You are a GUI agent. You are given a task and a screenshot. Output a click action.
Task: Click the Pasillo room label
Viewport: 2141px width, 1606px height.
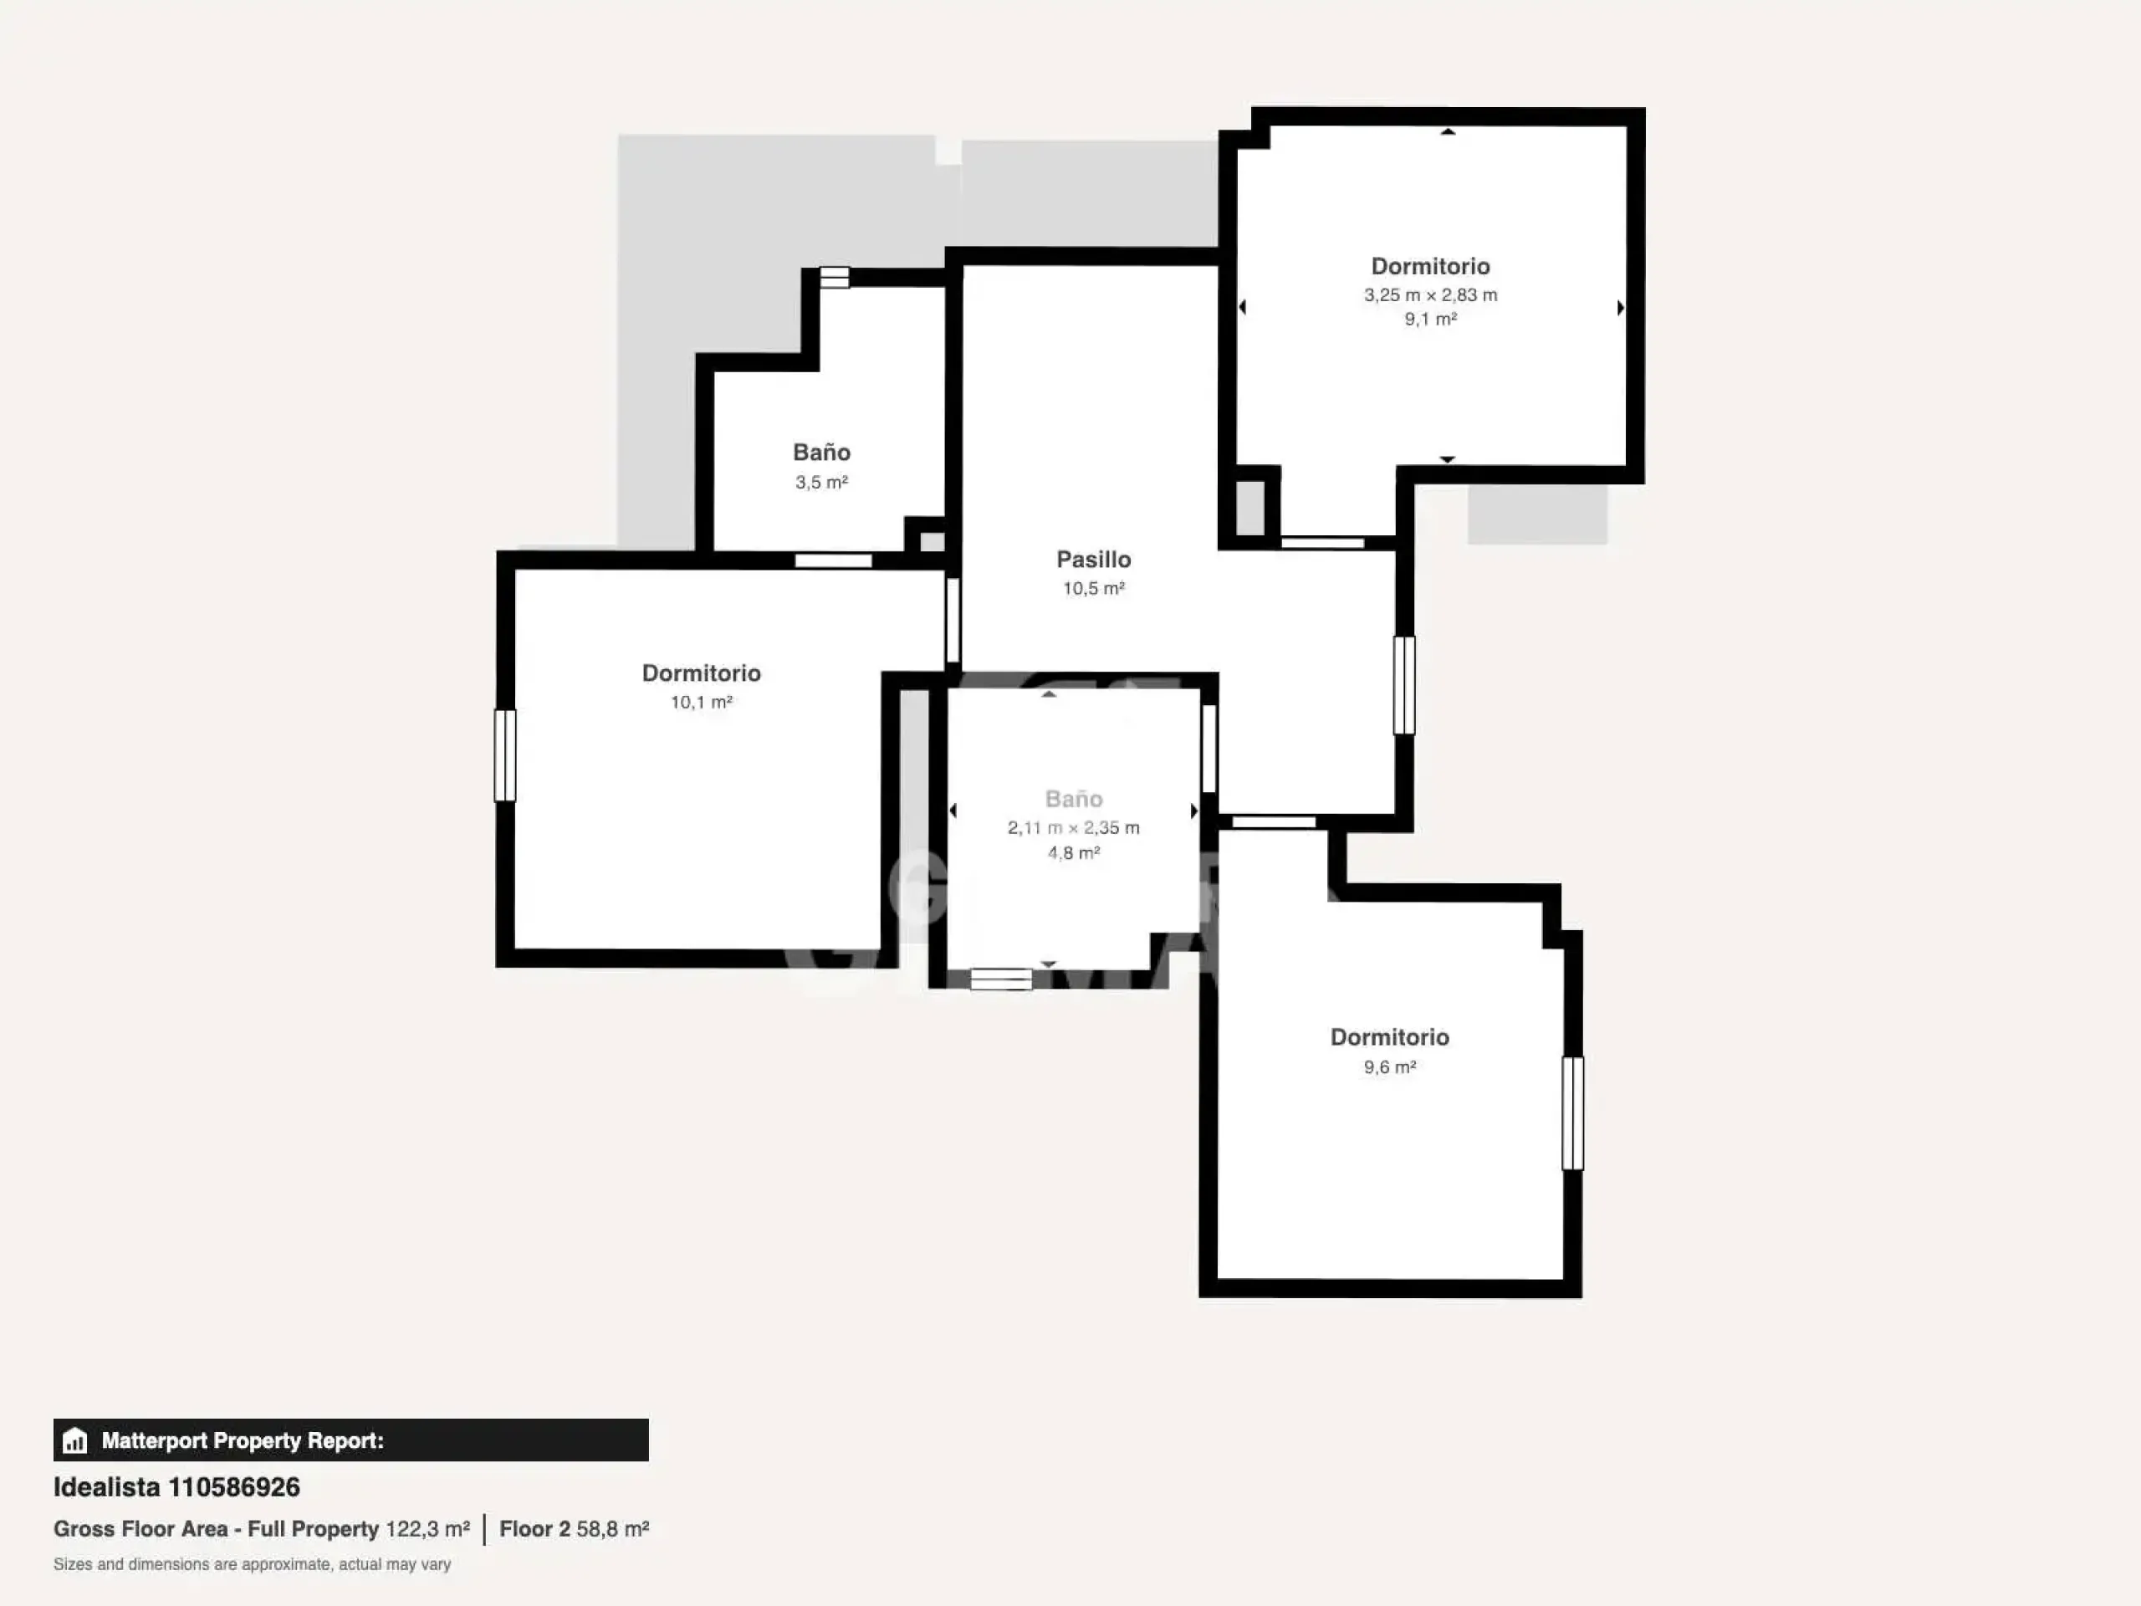1094,560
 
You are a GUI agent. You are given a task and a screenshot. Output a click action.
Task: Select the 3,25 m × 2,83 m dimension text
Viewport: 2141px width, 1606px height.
1431,295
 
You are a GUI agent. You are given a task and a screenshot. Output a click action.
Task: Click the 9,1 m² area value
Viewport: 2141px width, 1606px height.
1431,320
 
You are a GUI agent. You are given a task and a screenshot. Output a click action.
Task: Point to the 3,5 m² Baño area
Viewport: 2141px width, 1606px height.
822,482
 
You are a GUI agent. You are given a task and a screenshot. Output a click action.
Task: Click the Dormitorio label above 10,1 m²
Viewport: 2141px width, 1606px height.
702,673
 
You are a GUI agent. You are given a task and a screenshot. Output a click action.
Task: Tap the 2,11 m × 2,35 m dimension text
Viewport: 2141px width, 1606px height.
1073,828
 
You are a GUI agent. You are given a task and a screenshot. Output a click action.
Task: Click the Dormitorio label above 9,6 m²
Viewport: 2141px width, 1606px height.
1390,1036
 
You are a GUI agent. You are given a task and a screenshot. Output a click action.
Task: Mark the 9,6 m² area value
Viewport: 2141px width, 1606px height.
1390,1066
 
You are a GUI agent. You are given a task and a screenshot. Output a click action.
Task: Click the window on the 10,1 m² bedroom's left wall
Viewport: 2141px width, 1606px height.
505,755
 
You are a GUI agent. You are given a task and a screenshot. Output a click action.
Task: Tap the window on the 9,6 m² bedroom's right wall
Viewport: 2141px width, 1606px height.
1573,1113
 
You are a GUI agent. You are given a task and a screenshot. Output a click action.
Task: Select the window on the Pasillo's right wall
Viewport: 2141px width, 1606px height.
1404,684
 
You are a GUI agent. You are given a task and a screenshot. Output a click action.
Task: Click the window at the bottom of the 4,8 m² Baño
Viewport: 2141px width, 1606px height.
1001,979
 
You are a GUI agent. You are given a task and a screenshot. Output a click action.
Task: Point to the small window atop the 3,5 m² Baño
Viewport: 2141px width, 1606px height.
835,278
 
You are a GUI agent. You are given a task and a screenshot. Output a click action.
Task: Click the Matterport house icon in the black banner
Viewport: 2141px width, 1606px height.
74,1440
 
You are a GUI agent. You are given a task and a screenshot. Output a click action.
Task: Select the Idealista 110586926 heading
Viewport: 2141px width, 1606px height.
176,1487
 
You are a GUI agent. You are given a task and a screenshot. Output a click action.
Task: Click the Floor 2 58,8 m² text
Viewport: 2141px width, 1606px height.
574,1528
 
